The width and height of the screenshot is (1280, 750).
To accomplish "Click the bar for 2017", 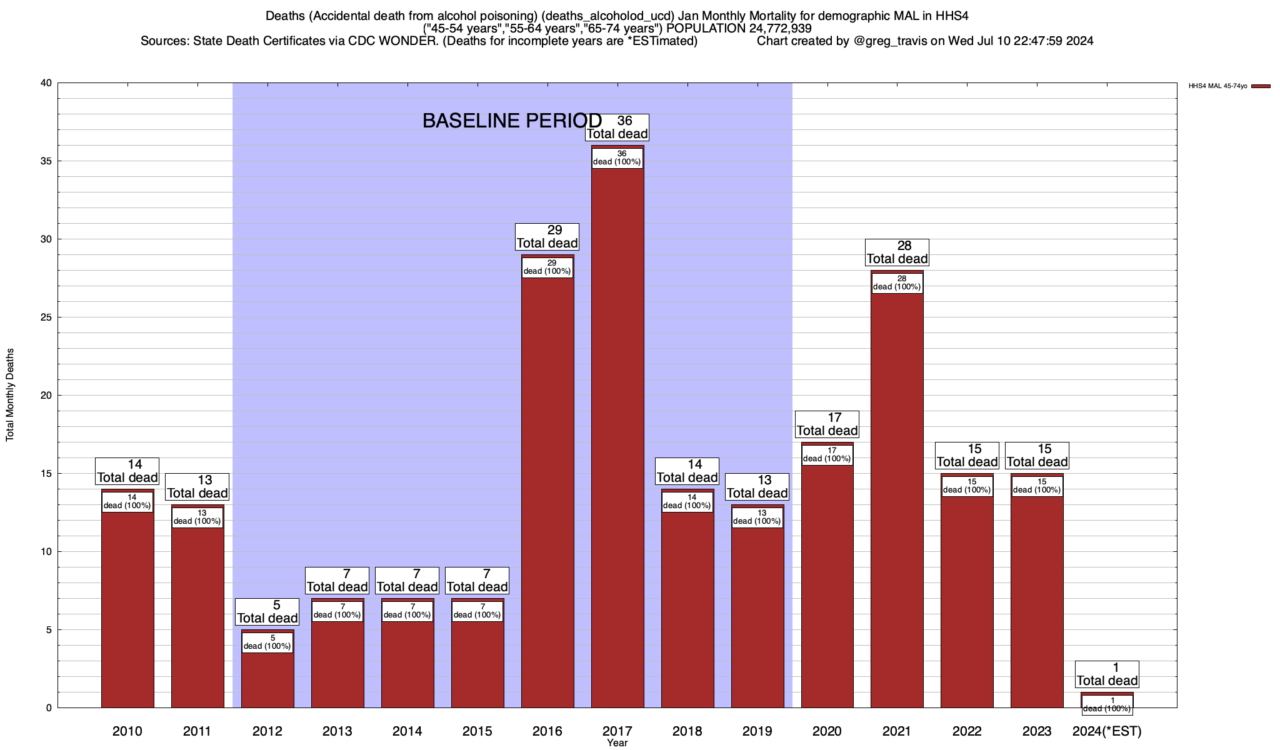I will (x=617, y=437).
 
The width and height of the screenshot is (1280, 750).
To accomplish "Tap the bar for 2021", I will (x=897, y=500).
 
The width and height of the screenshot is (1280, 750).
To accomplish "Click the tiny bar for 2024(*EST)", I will (x=1107, y=694).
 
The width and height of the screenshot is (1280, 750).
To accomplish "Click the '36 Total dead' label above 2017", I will (x=617, y=127).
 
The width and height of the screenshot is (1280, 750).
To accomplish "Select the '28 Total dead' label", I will (x=897, y=252).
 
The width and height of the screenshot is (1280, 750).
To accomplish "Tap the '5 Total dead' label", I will (x=267, y=612).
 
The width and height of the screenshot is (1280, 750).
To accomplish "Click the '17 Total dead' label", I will (x=827, y=424).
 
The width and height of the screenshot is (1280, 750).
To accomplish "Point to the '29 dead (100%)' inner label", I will (x=547, y=267).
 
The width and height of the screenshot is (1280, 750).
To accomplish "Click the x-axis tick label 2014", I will (x=407, y=731).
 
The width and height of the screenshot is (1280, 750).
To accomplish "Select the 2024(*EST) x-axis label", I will (x=1107, y=731).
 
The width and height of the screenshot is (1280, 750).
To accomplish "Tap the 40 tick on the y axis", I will (x=47, y=83).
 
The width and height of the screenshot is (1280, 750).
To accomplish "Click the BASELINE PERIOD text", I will (x=512, y=121).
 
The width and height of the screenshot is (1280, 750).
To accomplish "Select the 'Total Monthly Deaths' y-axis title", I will (x=10, y=395).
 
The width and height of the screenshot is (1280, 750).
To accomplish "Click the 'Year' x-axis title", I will (x=617, y=743).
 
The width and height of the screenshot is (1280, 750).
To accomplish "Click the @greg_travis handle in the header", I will (x=890, y=41).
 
